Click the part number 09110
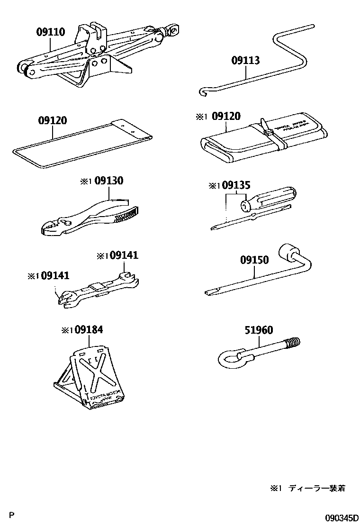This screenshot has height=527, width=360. [51, 32]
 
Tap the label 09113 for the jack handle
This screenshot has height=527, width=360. [245, 60]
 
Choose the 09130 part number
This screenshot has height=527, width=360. [108, 181]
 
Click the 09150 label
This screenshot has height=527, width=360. [254, 260]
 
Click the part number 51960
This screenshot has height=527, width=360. [259, 330]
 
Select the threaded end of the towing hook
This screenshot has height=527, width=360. [294, 342]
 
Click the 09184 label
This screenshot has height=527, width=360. [89, 330]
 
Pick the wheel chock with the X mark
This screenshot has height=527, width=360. [92, 374]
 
